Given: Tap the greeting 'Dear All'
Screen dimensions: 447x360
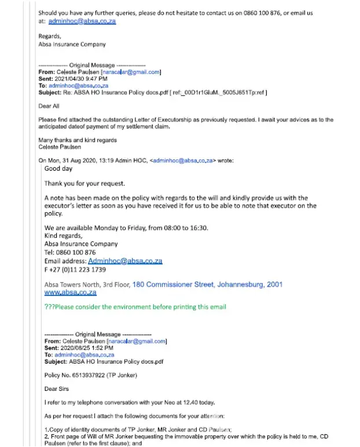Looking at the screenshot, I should (49, 106).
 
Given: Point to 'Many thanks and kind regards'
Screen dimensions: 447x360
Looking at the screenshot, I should (78, 140).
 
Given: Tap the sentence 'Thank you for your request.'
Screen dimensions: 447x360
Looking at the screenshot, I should (85, 183).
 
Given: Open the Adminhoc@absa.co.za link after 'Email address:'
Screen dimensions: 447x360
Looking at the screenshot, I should (125, 261).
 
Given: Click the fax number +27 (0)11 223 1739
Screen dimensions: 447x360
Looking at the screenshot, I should (77, 269).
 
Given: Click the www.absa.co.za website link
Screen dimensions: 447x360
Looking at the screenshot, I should (70, 293).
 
